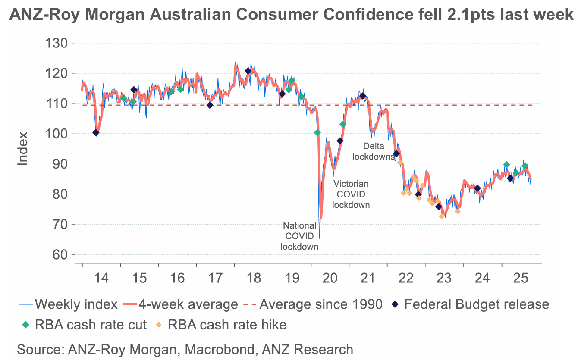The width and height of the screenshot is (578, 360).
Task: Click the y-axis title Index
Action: tap(23, 148)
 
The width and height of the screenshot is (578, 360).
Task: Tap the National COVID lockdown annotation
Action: tap(299, 236)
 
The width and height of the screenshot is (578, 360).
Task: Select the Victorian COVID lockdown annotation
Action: tap(351, 194)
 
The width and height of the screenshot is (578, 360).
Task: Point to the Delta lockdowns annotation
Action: tap(374, 152)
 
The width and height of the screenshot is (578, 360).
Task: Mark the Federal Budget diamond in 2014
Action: tap(96, 133)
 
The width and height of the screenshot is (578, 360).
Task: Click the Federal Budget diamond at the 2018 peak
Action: tap(248, 71)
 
